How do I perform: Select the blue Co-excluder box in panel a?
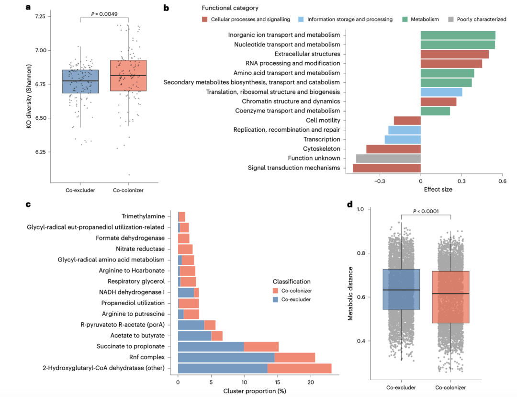tap(80, 81)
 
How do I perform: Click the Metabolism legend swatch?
tap(405, 19)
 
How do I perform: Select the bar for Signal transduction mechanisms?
tap(386, 168)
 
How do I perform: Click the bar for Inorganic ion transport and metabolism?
tap(458, 35)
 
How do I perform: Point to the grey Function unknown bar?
tap(388, 159)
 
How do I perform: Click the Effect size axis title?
tap(438, 190)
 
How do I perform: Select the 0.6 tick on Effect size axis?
tap(502, 182)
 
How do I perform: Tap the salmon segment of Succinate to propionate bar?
tap(261, 346)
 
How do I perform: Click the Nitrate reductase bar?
tap(185, 249)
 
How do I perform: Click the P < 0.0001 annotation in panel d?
tap(426, 211)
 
